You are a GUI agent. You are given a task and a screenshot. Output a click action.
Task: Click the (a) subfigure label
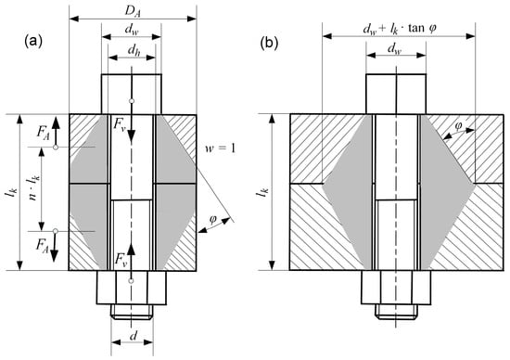coord(33,42)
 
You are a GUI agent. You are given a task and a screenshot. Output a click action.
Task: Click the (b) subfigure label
coord(269,44)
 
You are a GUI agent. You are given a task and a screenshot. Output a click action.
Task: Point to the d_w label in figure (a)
coord(133,31)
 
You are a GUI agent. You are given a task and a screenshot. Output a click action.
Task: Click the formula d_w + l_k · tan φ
coord(400,29)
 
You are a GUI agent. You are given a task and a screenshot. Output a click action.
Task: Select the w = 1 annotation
coord(220,148)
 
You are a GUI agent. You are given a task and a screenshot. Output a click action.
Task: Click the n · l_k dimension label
coord(33,187)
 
